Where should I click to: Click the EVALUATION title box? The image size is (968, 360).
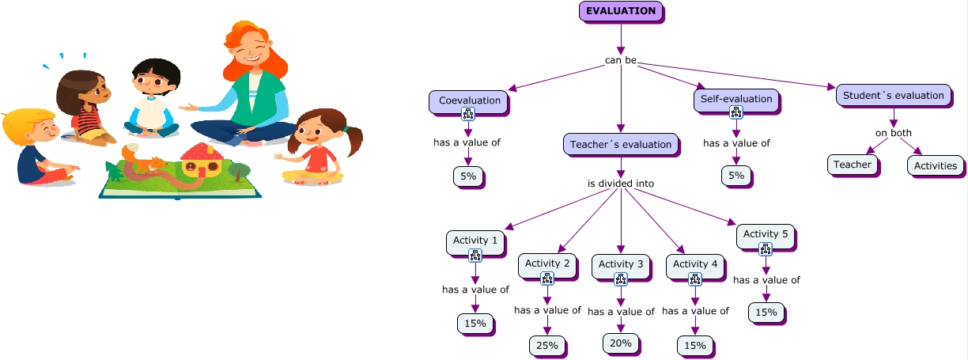point(621,11)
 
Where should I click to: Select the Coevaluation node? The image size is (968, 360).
point(470,100)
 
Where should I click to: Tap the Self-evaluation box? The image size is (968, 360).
point(736,99)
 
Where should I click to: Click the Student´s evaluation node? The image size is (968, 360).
point(893,96)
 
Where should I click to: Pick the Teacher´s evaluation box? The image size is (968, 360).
point(621,144)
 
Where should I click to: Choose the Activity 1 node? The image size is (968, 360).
point(475,240)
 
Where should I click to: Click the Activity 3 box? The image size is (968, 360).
point(621,263)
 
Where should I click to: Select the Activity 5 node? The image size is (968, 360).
point(766,234)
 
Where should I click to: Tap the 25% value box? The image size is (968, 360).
point(546,345)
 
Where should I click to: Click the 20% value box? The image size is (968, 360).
point(621,343)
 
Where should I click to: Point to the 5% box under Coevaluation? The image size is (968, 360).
point(467,176)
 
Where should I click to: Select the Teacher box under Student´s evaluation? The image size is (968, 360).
point(853,165)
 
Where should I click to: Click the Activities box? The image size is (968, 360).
point(936,165)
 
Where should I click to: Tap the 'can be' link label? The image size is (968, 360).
point(621,60)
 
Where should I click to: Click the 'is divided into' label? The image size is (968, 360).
point(621,184)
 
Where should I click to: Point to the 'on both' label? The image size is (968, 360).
point(893,132)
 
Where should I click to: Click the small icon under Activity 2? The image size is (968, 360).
point(546,279)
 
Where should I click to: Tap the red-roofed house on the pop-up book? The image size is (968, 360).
point(201,160)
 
